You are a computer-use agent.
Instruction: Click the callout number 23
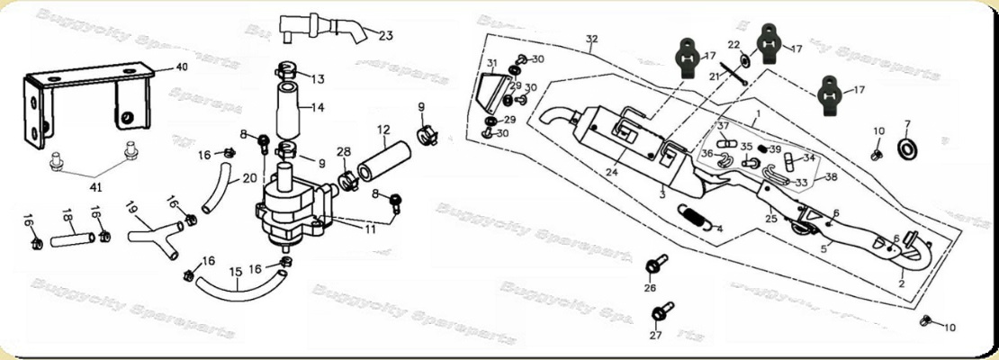pos(385,36)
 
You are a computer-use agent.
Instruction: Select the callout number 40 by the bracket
pos(181,67)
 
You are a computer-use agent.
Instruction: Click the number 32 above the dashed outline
pos(591,40)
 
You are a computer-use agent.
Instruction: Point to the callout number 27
pos(655,336)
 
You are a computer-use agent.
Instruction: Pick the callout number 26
pos(650,288)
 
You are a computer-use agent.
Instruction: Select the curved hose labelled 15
pos(234,291)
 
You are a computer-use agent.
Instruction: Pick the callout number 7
pos(906,124)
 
